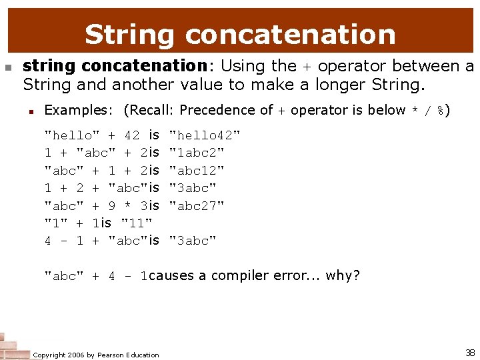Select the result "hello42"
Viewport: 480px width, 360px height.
205,136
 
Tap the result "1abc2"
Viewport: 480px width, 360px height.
197,153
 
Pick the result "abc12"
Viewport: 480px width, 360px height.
197,171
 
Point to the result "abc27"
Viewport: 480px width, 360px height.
197,205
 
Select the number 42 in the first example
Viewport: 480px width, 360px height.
132,136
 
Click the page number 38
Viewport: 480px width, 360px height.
469,352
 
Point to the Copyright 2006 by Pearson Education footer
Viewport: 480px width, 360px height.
96,355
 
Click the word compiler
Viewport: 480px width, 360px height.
239,275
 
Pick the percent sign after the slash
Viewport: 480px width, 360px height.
440,110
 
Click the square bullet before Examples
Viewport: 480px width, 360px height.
31,111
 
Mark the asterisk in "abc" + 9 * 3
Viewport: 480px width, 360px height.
127,205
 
